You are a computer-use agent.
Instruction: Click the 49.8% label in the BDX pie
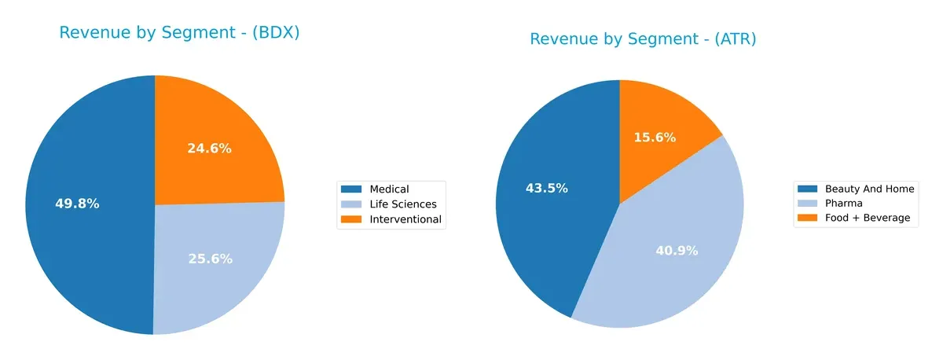click(x=77, y=204)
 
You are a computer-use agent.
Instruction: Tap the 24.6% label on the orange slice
click(x=209, y=148)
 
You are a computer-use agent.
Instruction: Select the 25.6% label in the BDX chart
click(x=210, y=259)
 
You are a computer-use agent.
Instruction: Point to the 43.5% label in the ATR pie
click(x=546, y=189)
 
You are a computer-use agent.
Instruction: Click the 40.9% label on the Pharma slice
click(x=676, y=251)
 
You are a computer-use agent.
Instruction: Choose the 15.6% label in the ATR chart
click(x=655, y=138)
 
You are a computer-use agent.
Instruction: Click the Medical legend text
click(x=389, y=189)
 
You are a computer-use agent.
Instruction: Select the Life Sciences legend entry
click(x=402, y=204)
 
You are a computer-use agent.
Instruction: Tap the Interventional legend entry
click(x=405, y=219)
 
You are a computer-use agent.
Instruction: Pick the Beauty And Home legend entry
click(x=869, y=189)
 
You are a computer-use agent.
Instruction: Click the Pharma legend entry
click(x=842, y=204)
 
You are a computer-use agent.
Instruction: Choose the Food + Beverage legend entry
click(x=867, y=219)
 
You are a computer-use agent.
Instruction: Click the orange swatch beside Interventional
click(x=351, y=219)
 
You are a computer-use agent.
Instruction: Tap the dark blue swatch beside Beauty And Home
click(x=806, y=189)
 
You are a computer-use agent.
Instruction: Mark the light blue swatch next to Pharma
click(x=806, y=204)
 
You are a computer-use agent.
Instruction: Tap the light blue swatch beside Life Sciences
click(x=351, y=204)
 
